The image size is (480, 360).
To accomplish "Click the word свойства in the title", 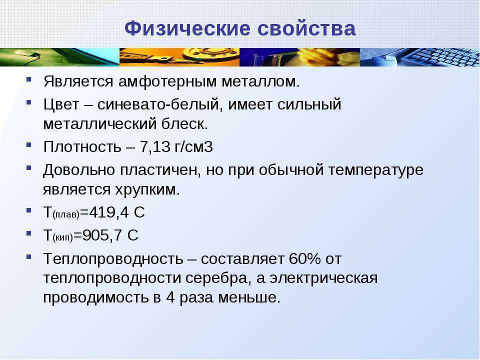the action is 306,29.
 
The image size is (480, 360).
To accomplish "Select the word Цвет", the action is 61,104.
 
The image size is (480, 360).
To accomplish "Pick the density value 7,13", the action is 155,147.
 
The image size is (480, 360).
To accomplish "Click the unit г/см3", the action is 194,147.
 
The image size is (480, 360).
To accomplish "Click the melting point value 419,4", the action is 108,212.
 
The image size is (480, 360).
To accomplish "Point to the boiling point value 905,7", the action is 102,235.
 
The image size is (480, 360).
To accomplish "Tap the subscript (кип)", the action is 63,237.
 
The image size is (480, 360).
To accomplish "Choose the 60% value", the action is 305,258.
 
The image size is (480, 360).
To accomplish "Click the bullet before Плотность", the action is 29,144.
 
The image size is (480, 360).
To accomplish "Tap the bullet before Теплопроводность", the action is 29,256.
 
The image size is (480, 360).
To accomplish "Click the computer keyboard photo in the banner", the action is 419,57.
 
